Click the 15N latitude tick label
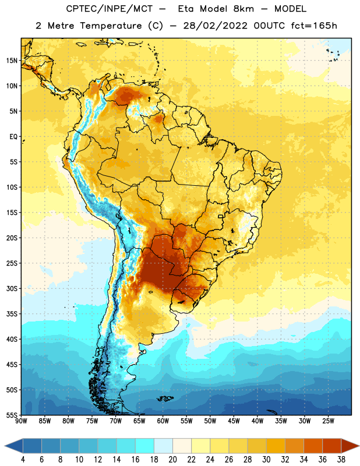(12, 61)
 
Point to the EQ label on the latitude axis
(13, 137)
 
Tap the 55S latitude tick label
(12, 415)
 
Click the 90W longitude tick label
(21, 421)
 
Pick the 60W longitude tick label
(163, 421)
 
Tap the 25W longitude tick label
(328, 421)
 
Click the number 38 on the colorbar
(341, 460)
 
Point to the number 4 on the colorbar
(23, 460)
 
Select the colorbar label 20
(172, 460)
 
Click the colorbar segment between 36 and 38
(332, 446)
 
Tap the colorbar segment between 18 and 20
(163, 446)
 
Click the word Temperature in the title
(111, 26)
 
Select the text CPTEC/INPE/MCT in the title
(109, 9)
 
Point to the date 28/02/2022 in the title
(215, 26)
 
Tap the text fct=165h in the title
(314, 26)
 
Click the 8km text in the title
(243, 9)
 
